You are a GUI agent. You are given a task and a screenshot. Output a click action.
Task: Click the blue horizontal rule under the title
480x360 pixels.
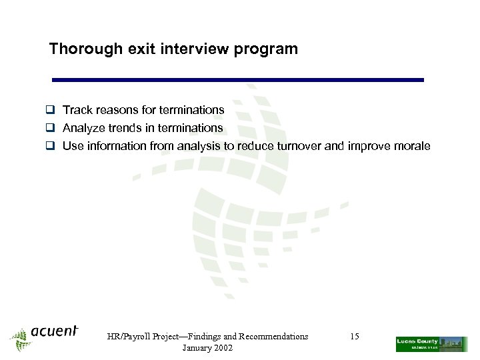[x=238, y=80]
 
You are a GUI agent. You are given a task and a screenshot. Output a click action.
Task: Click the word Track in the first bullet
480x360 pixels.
[x=77, y=110]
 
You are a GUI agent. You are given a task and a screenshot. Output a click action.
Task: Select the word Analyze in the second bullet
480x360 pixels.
[x=84, y=128]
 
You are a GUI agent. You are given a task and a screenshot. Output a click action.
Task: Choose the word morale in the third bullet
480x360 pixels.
[x=411, y=147]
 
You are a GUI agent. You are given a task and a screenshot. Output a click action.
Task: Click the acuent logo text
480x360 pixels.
[x=54, y=331]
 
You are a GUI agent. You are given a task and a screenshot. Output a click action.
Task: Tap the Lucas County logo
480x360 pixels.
[x=431, y=343]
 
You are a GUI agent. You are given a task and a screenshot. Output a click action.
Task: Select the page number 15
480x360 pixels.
[x=355, y=337]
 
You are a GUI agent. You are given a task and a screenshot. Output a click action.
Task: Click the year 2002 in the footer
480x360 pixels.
[x=221, y=349]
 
